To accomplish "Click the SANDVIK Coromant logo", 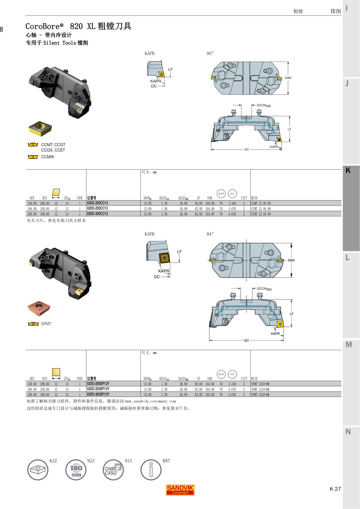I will [180, 490].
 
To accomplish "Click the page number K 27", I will [335, 489].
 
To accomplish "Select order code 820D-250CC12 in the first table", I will [97, 208].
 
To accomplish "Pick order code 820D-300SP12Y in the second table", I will [98, 394].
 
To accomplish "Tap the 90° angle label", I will [210, 53].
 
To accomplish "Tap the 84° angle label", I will [210, 234].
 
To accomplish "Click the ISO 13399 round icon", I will [76, 470].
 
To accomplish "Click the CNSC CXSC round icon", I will [113, 470].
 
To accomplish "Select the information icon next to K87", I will [151, 470].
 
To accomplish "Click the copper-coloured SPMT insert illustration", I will [39, 308].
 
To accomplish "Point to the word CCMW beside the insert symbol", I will [48, 157].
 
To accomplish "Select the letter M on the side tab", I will [349, 345].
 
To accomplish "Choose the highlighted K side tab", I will [348, 171].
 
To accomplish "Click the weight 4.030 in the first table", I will [232, 214].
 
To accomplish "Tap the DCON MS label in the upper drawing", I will [264, 106].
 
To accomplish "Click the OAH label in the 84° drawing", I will [291, 260].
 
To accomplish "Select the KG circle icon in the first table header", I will [232, 194].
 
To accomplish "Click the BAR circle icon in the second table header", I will [221, 374].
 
